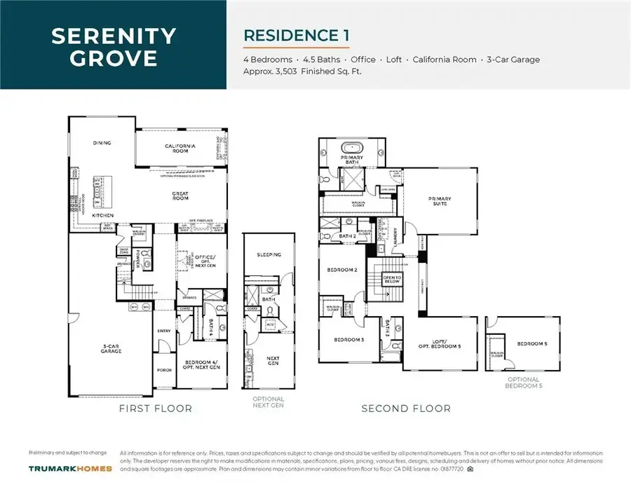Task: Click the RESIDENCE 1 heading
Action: [295, 34]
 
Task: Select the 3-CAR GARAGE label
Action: [111, 349]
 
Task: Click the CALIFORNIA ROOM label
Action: [180, 148]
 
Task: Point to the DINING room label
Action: [102, 143]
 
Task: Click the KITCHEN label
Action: [102, 216]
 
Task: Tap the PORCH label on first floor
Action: [164, 370]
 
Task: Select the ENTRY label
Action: [164, 331]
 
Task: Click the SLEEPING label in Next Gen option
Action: [269, 255]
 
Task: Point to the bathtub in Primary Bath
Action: [351, 148]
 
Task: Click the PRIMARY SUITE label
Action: [440, 201]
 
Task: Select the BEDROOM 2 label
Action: [341, 270]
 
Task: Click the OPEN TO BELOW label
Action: [391, 278]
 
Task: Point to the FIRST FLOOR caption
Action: [156, 408]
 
